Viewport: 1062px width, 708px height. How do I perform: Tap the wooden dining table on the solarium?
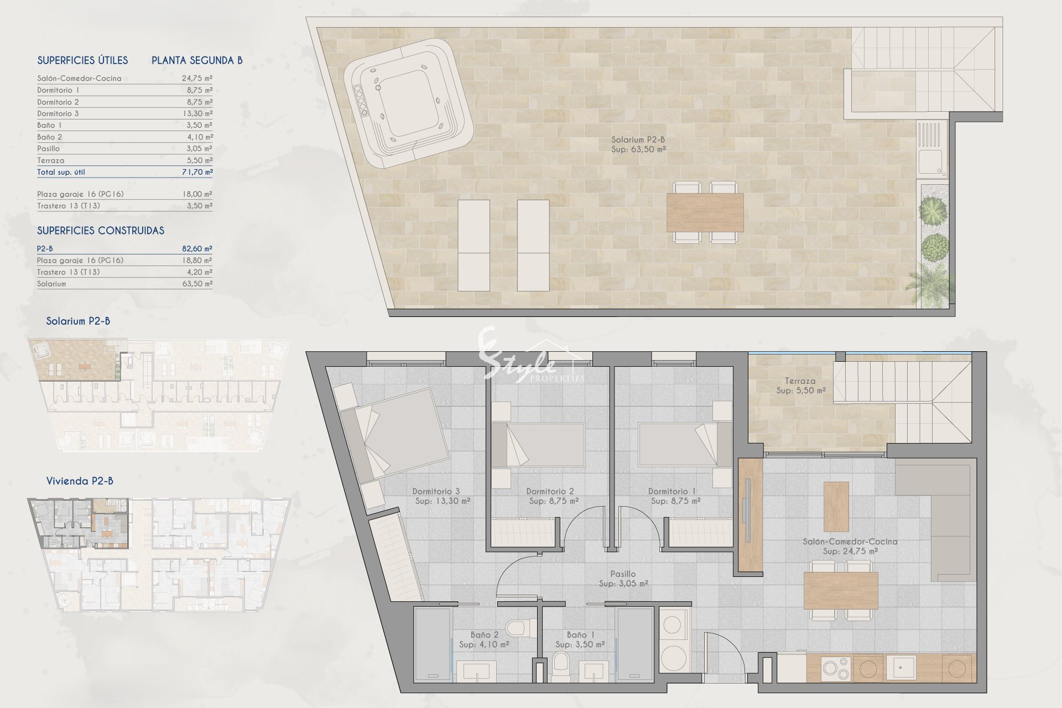pyautogui.click(x=705, y=212)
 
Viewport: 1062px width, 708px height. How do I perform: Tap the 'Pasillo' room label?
pyautogui.click(x=623, y=574)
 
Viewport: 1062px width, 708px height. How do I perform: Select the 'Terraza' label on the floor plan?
pyautogui.click(x=800, y=381)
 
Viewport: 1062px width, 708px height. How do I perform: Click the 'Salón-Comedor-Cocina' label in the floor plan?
pyautogui.click(x=850, y=542)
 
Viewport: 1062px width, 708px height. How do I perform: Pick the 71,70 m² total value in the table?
pyautogui.click(x=197, y=172)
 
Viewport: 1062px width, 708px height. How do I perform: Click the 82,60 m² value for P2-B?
pyautogui.click(x=197, y=249)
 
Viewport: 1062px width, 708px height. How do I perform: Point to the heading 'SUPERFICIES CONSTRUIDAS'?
pyautogui.click(x=101, y=231)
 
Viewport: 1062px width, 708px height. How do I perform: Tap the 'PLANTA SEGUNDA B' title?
pyautogui.click(x=197, y=60)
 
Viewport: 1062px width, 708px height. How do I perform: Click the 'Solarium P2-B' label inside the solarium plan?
pyautogui.click(x=638, y=140)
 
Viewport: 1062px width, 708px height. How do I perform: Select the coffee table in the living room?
pyautogui.click(x=836, y=507)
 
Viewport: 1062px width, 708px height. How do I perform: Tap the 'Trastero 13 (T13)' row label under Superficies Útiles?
pyautogui.click(x=69, y=206)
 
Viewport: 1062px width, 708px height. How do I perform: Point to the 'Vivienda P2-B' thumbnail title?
pyautogui.click(x=80, y=481)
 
